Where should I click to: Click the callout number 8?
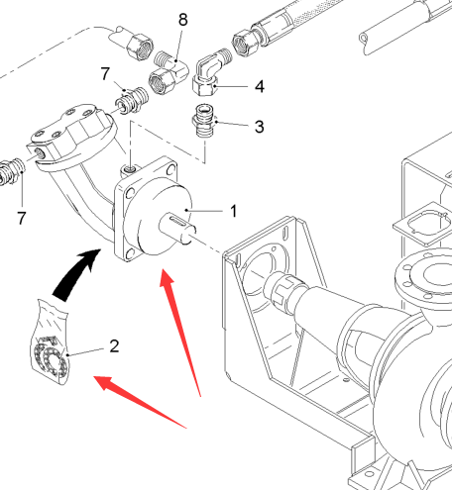183,20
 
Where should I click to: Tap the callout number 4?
260,86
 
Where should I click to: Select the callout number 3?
260,127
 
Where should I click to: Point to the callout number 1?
234,211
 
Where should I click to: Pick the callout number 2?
114,346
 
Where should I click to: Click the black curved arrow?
75,274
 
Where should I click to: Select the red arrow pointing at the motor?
180,330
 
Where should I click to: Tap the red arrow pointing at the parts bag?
139,402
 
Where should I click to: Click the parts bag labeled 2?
51,343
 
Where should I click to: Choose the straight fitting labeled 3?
204,121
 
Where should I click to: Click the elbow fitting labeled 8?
169,73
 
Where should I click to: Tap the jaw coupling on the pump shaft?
283,289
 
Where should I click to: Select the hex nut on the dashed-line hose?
140,47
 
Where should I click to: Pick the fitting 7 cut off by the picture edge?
12,170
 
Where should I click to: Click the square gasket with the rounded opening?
424,224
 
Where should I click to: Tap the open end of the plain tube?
364,40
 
